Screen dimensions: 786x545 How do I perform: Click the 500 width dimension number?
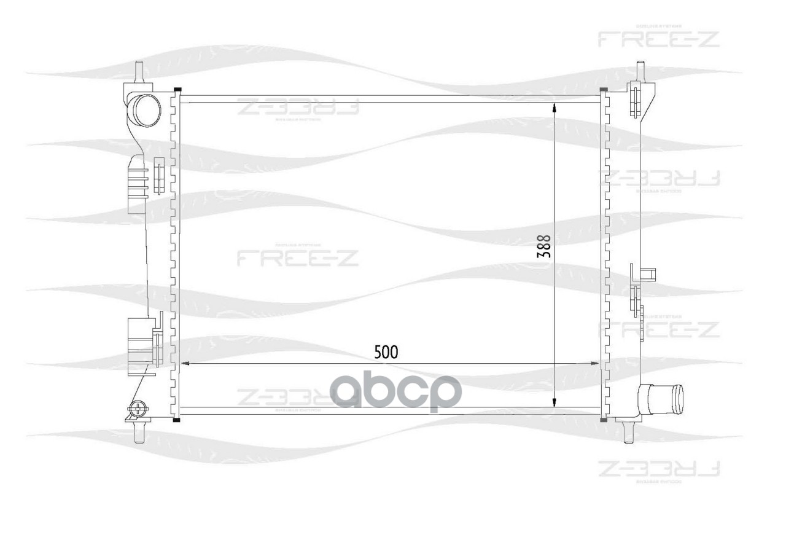(x=387, y=351)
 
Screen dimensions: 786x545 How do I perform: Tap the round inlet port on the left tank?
(x=146, y=111)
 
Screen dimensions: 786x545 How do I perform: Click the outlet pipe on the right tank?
(x=663, y=398)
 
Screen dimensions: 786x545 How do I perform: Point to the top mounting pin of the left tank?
(x=139, y=71)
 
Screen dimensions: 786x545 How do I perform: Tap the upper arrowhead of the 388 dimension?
(x=554, y=108)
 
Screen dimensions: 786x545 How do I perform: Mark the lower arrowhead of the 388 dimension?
(x=554, y=402)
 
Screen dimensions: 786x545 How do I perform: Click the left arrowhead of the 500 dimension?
(x=185, y=364)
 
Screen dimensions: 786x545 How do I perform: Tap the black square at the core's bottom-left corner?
(x=177, y=420)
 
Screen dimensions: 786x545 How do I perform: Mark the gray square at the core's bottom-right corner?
(x=603, y=420)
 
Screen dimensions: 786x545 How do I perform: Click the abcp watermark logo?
(x=397, y=391)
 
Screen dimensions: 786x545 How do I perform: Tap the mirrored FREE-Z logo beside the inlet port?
(x=298, y=108)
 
